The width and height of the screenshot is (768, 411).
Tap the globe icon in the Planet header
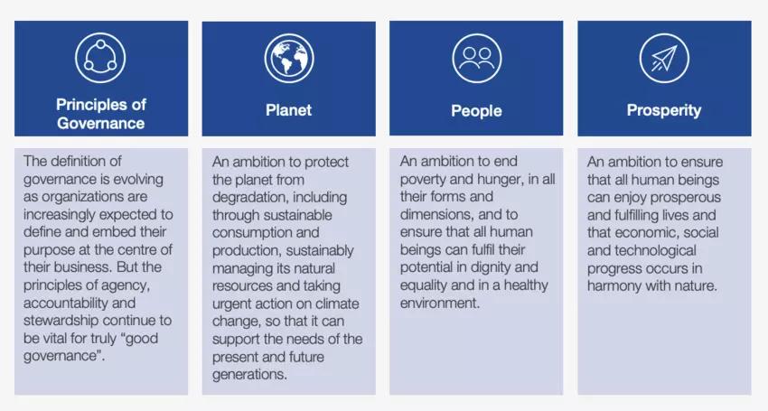(289, 59)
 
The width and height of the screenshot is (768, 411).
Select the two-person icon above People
(476, 59)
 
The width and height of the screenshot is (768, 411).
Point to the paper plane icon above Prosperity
(664, 59)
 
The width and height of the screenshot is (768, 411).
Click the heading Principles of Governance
(101, 114)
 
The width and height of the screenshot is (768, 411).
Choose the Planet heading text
(288, 109)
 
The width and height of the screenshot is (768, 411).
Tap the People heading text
(476, 111)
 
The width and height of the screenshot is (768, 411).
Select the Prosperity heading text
(664, 110)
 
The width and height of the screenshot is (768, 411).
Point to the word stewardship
(61, 321)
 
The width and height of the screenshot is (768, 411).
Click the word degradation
(247, 198)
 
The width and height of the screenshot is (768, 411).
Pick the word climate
(338, 304)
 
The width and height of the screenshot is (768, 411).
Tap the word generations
(249, 375)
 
